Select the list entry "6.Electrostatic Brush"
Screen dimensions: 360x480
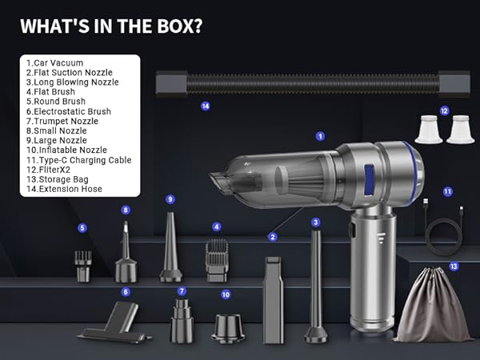(x=68, y=111)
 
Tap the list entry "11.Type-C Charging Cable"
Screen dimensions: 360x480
(x=78, y=159)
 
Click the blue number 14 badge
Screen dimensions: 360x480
(x=205, y=106)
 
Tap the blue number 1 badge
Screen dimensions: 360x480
(x=321, y=136)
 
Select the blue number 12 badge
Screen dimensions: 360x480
(x=444, y=111)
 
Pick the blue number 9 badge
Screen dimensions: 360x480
(x=170, y=199)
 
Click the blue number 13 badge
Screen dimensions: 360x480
(x=454, y=266)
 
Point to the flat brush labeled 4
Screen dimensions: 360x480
(x=217, y=261)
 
